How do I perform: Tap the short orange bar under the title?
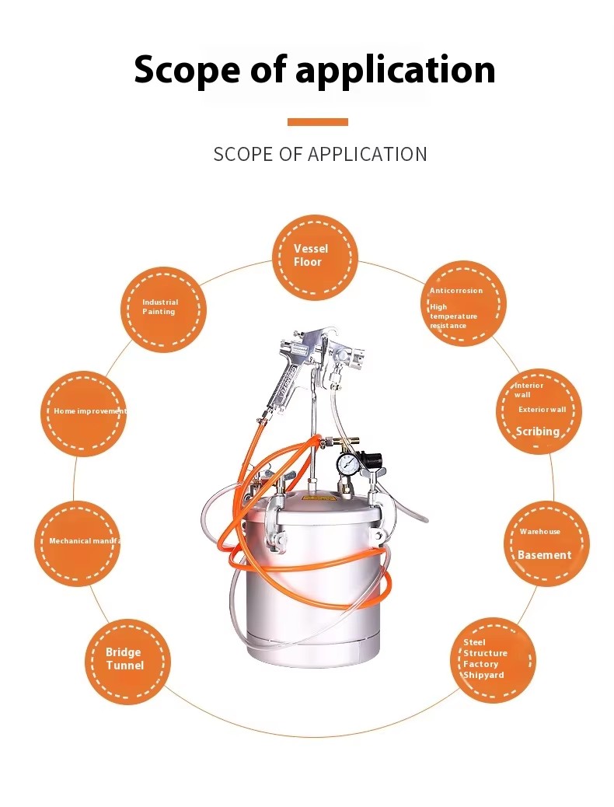[317, 122]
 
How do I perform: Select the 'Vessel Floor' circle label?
[311, 255]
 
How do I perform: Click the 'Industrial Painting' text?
[159, 307]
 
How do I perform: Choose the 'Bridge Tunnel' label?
[124, 659]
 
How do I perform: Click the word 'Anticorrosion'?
[456, 291]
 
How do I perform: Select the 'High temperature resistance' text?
[453, 316]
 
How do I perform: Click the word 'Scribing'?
[538, 431]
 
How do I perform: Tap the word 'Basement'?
[544, 555]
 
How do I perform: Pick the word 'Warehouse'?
[539, 532]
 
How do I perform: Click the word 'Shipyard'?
[483, 676]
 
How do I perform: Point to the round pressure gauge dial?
[347, 465]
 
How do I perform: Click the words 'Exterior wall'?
[542, 409]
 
